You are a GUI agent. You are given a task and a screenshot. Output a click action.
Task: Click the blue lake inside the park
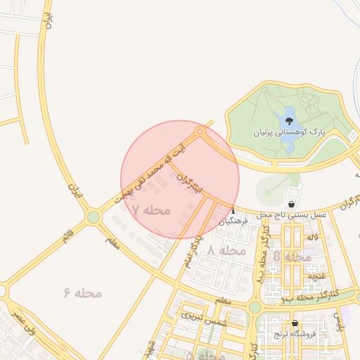pyautogui.click(x=288, y=131)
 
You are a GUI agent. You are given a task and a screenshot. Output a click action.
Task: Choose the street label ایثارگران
pyautogui.click(x=188, y=182)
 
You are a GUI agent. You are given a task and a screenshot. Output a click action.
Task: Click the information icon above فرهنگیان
pyautogui.click(x=233, y=210)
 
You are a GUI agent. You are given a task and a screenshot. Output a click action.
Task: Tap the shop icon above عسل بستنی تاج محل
pyautogui.click(x=292, y=204)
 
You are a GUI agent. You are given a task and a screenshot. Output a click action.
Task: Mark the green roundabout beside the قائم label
pyautogui.click(x=94, y=217)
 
